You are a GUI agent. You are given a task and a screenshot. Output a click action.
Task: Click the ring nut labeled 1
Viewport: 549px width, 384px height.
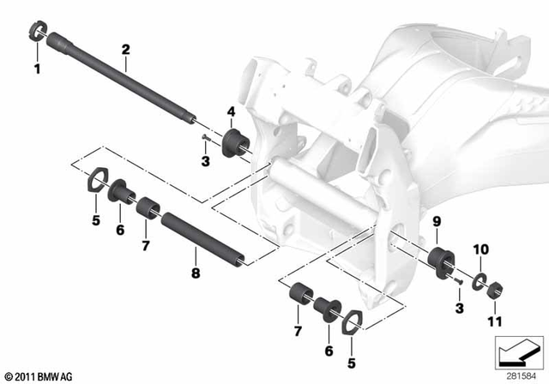click(x=36, y=35)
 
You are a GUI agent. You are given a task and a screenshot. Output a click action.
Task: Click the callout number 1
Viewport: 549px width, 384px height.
click(x=36, y=67)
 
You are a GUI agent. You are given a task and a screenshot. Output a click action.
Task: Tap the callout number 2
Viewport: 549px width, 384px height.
click(x=125, y=49)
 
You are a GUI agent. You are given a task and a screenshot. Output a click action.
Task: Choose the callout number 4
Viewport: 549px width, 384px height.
click(x=230, y=111)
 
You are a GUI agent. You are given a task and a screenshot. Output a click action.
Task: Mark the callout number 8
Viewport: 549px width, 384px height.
click(x=196, y=274)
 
